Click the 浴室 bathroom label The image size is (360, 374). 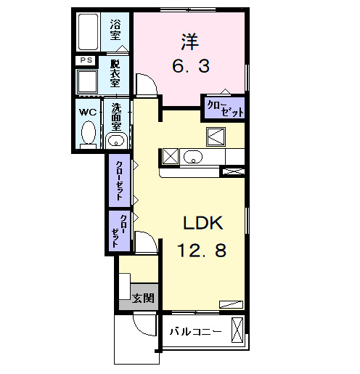coord(115,31)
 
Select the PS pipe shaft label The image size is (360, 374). coord(86,61)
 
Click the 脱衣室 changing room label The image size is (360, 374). coord(115,73)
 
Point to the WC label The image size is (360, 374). coord(87,112)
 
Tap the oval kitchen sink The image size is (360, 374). coord(193,156)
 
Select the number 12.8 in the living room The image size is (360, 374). coord(201,251)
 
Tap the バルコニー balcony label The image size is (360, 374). coord(195,332)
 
